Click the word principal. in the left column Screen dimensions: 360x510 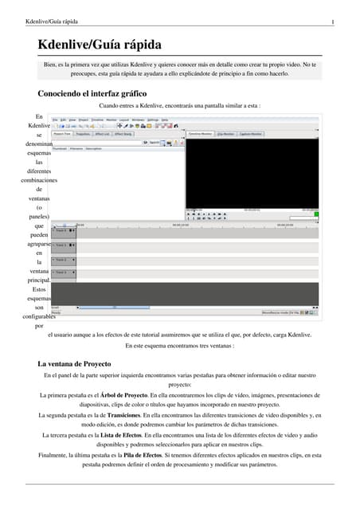tap(38, 281)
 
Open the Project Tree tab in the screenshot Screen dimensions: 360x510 tap(62, 135)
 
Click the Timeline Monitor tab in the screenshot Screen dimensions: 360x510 tap(201, 135)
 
